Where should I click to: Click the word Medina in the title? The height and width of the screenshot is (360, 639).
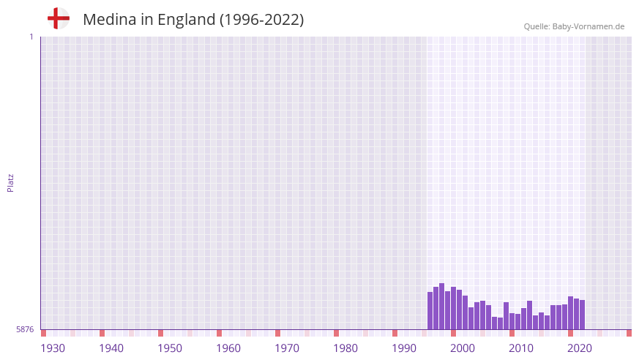click(108, 20)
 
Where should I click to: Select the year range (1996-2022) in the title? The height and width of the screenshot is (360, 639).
click(261, 20)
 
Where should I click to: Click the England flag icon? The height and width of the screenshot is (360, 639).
click(58, 18)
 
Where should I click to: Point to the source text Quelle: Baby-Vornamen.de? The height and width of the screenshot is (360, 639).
click(574, 26)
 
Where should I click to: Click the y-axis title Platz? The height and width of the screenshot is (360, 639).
click(10, 182)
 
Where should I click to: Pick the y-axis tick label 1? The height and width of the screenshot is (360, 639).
click(31, 37)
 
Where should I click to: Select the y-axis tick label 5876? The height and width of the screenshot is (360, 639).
click(25, 330)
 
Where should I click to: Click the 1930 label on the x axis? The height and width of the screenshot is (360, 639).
click(53, 348)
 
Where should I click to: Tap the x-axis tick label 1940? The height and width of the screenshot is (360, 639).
click(111, 348)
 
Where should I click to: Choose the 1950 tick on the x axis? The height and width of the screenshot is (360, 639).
click(170, 348)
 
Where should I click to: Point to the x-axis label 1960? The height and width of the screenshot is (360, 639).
click(228, 348)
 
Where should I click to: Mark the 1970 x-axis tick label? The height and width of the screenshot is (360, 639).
click(287, 348)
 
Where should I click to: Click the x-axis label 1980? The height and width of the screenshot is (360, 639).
click(345, 348)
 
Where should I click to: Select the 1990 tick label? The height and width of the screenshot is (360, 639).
click(404, 348)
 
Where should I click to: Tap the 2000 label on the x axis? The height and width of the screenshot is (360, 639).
click(463, 348)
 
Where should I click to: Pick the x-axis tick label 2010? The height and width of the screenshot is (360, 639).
click(521, 348)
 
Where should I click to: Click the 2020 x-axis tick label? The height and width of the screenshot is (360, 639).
click(580, 348)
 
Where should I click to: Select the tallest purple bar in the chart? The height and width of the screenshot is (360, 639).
click(441, 307)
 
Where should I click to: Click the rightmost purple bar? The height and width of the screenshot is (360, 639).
click(582, 315)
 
